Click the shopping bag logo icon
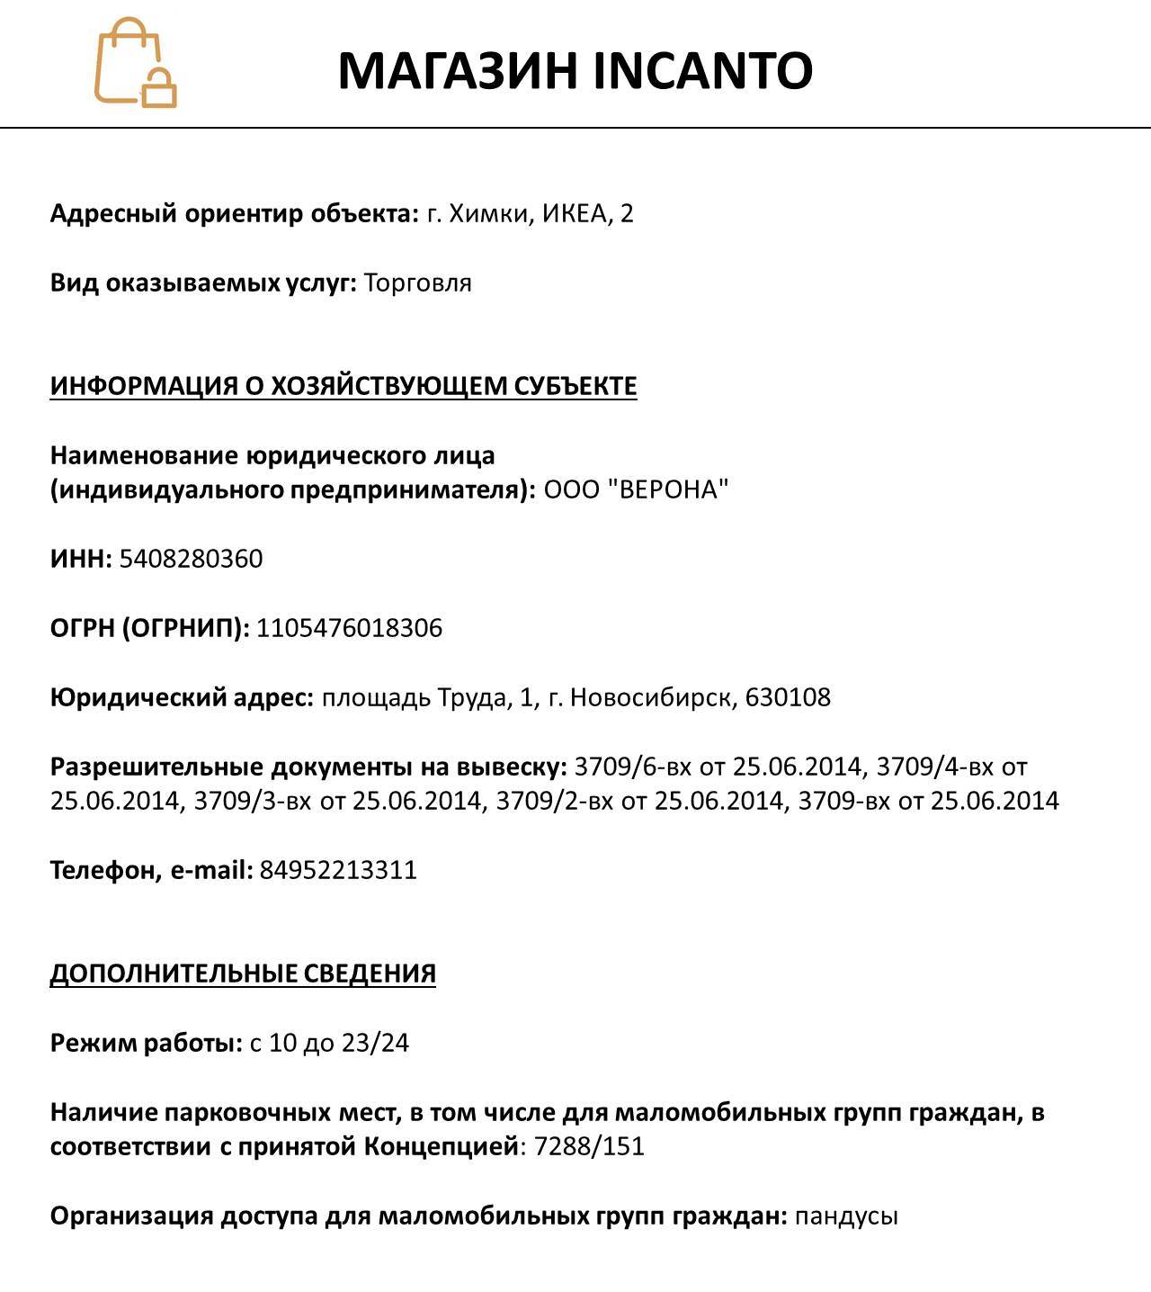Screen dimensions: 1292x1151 (135, 63)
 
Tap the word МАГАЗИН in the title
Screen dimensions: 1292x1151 (458, 71)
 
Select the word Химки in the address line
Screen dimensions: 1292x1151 (491, 214)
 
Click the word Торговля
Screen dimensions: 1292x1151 (417, 283)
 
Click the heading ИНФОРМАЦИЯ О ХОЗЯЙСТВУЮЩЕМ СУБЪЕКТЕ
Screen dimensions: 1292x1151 (343, 386)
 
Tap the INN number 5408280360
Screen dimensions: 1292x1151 (191, 559)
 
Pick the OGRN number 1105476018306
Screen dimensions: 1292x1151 (349, 628)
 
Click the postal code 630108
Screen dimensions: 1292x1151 (788, 697)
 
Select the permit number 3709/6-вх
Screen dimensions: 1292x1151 (632, 767)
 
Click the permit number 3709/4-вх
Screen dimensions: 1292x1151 (934, 767)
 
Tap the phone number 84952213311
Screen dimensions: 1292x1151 (338, 871)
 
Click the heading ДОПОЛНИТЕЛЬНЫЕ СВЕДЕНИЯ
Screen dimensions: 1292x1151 (243, 973)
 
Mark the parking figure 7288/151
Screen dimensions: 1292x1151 (589, 1147)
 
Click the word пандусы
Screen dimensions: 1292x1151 (846, 1216)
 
